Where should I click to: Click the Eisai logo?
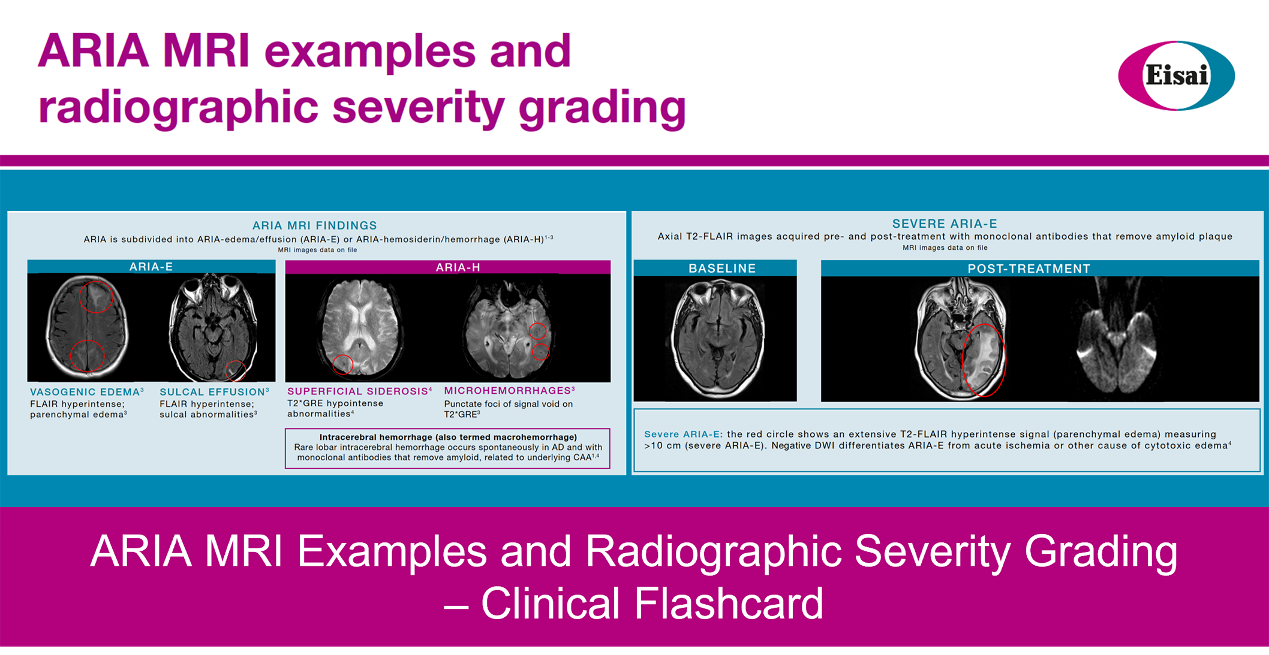coord(1176,76)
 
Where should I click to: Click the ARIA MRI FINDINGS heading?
coord(314,226)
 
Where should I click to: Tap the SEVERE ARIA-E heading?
coord(945,224)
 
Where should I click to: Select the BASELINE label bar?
coord(715,268)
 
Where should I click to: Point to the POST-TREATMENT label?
coord(1029,269)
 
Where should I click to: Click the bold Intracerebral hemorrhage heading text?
coord(448,437)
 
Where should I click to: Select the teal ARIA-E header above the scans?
coord(151,267)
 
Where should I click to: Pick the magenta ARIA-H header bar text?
coord(458,267)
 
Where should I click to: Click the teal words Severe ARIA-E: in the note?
coord(684,434)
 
